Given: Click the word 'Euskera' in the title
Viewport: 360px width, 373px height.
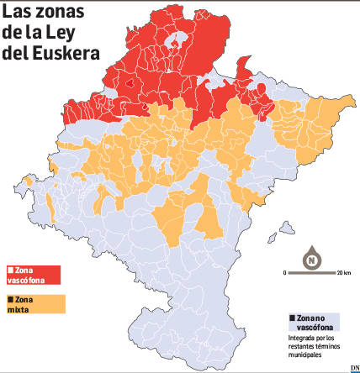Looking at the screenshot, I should coord(71,52).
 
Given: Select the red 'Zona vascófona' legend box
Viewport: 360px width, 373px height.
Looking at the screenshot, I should coord(34,275).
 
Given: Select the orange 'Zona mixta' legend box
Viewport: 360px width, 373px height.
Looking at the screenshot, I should coord(34,302).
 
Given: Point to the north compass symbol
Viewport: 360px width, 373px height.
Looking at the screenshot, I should coord(312,257).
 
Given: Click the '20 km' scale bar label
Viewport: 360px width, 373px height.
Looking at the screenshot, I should coord(343,274).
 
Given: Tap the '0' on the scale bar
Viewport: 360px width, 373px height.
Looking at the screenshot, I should coord(285,274).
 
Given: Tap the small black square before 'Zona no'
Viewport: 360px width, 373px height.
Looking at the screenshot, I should coord(290,318).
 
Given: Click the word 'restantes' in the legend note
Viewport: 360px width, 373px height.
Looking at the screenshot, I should coord(301,347).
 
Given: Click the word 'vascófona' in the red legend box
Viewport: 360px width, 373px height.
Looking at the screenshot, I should coord(23,279).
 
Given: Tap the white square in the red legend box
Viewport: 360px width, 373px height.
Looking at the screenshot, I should coord(9,270).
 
